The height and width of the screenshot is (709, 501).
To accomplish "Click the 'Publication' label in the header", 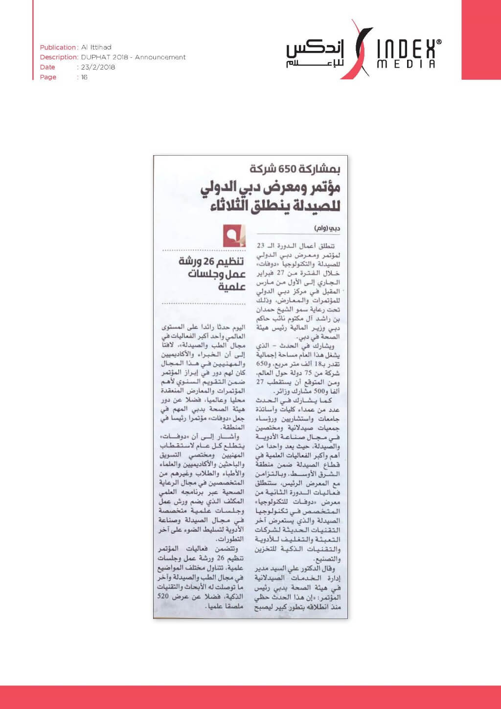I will [58, 47].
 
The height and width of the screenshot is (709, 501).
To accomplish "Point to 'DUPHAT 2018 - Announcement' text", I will [134, 57].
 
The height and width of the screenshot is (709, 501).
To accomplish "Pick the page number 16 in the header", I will [84, 77].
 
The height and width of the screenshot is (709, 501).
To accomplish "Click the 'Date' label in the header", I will [47, 67].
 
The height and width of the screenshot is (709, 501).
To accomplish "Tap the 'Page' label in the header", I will [48, 77].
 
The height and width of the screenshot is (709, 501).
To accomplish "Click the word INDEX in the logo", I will [406, 49].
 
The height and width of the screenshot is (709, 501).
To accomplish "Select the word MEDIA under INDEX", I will [406, 64].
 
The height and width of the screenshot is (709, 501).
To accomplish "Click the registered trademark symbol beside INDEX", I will [438, 43].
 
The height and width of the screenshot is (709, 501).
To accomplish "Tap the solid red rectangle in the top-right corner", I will [481, 39].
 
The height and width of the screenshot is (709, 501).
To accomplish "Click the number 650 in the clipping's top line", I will [287, 169].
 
